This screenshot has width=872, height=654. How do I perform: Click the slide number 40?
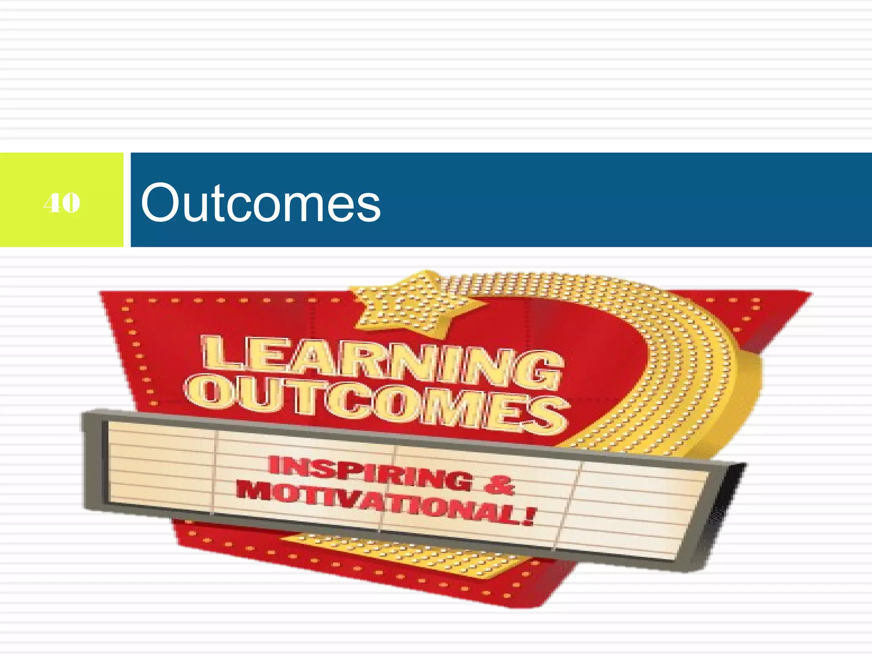point(62,203)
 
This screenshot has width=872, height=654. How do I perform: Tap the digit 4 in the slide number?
point(52,203)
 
